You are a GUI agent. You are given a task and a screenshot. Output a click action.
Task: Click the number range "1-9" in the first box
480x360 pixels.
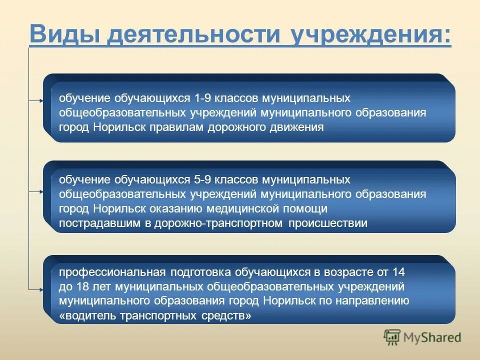(x=204, y=98)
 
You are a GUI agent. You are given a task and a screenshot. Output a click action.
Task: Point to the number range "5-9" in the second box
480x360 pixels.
(x=204, y=179)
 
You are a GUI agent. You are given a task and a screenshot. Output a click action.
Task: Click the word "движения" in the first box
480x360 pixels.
(x=302, y=127)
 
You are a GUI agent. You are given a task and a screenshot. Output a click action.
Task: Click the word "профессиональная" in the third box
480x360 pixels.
(x=112, y=272)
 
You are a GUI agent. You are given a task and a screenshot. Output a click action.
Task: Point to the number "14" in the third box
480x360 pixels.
(x=398, y=272)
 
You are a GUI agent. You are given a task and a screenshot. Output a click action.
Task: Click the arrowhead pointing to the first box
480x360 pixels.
(x=41, y=100)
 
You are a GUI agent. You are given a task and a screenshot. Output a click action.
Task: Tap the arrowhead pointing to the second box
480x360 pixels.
(x=41, y=191)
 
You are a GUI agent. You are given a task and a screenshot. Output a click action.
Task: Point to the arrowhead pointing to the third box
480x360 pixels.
(x=41, y=289)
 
